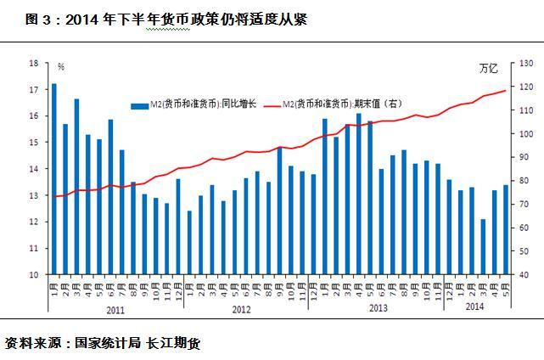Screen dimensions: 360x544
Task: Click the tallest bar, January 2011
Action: pos(53,178)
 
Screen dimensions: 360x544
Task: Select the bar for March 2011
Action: pos(76,187)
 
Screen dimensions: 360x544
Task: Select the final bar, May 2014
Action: pos(506,229)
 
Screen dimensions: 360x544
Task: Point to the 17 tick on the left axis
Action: pos(34,89)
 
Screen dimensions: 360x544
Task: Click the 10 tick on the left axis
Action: pos(34,274)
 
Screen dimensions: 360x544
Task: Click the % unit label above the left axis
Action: pos(61,66)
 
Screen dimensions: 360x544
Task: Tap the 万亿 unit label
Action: pos(490,67)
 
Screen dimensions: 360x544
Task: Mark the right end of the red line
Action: pos(506,91)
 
